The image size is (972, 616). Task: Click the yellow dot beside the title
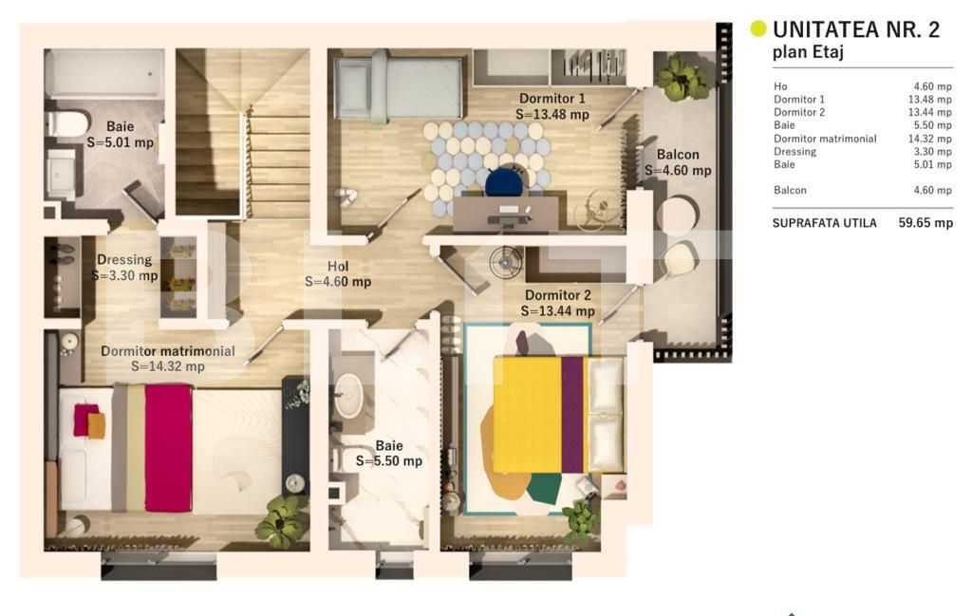pos(758,28)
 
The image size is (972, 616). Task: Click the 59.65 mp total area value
pos(925,223)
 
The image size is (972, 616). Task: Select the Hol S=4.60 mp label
pos(338,274)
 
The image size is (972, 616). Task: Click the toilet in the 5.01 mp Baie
pos(67,123)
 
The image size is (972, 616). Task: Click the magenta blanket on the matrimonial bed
pos(168,447)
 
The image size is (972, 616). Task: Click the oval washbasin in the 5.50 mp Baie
pos(349,397)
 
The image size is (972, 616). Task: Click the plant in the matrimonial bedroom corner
pos(281,521)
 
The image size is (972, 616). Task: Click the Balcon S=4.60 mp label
pos(678,162)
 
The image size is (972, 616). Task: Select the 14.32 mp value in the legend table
pos(929,139)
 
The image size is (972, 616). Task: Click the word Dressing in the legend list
pos(794,152)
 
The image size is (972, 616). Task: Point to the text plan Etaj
pos(808,53)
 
